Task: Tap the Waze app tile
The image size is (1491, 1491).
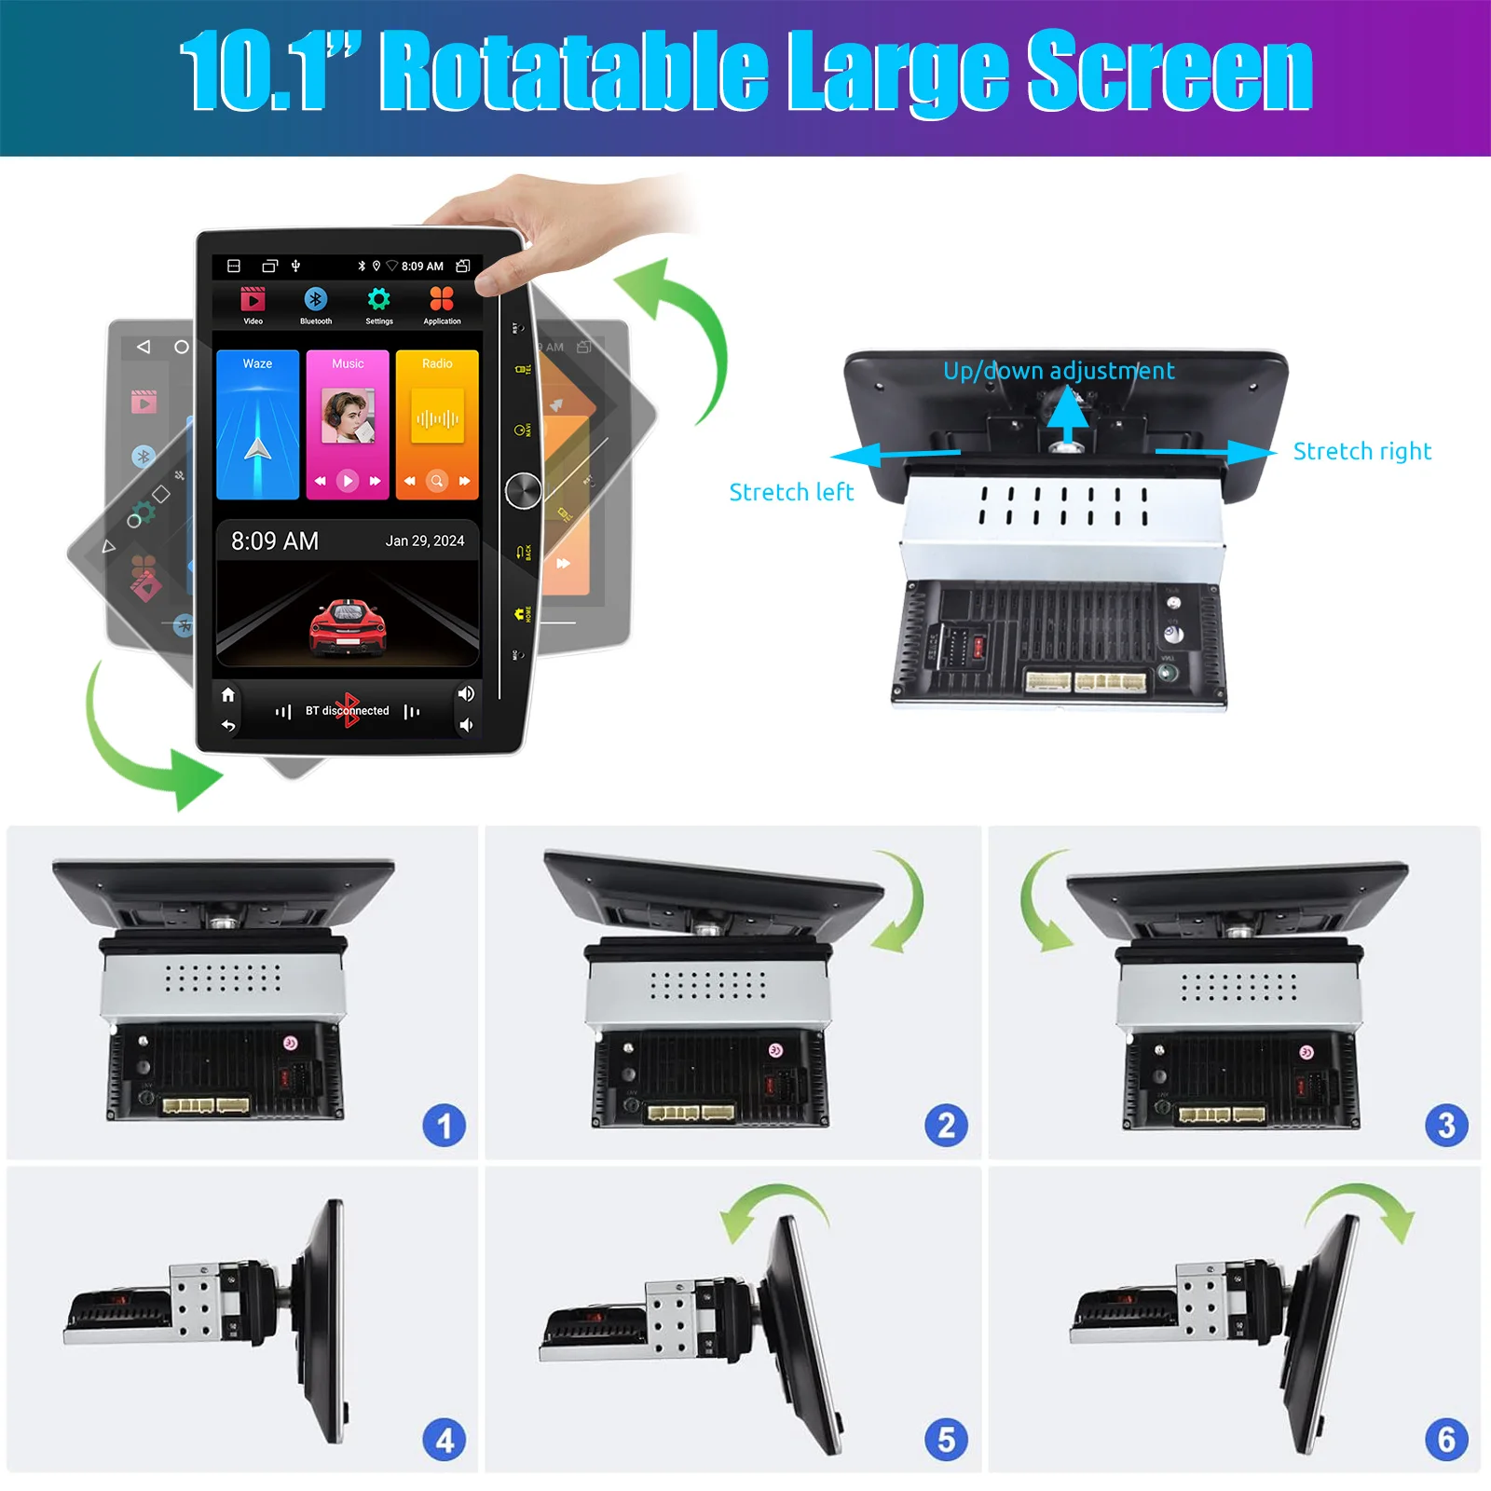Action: click(x=257, y=424)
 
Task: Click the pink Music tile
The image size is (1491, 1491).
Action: click(x=347, y=424)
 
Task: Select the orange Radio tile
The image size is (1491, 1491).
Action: click(x=437, y=424)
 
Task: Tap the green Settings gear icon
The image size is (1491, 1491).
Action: click(x=378, y=299)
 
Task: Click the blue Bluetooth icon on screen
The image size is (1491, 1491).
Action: click(x=315, y=299)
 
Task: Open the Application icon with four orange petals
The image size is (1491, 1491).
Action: click(x=442, y=299)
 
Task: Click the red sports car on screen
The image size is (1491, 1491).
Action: click(x=348, y=626)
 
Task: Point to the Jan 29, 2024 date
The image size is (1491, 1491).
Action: click(x=425, y=540)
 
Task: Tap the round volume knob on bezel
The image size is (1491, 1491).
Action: click(x=523, y=490)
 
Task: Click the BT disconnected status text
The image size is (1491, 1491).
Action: click(x=347, y=711)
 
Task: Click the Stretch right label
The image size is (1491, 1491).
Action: click(x=1361, y=452)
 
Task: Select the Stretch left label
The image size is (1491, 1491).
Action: click(x=790, y=492)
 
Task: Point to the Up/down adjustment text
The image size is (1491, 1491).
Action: click(x=1059, y=371)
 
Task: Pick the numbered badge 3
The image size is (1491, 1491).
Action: click(x=1446, y=1126)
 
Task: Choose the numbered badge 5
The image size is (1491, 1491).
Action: click(x=946, y=1440)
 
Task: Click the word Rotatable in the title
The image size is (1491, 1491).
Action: click(x=572, y=72)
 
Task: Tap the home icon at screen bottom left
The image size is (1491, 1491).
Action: click(x=228, y=695)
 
